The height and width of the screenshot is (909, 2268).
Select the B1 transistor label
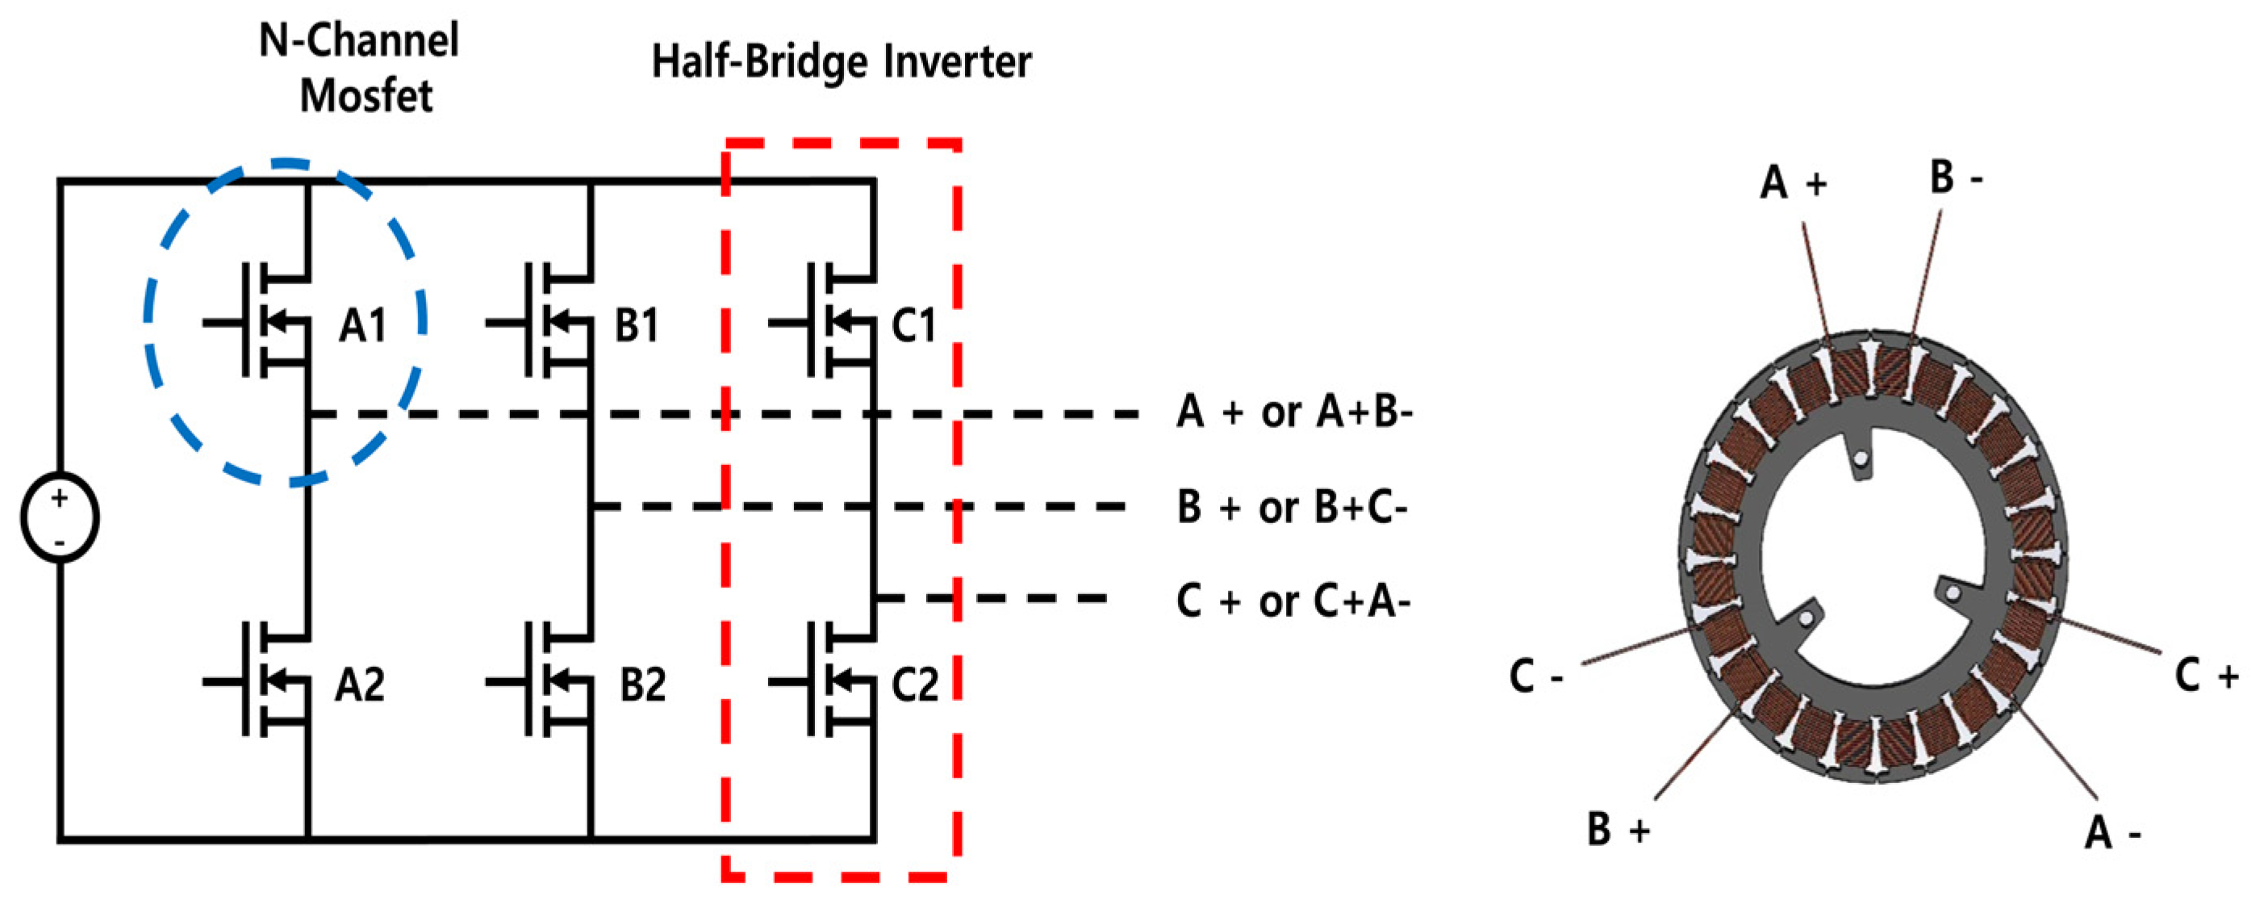tap(637, 326)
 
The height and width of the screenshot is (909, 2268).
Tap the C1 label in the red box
tap(914, 326)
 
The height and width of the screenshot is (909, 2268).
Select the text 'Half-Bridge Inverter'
tap(841, 61)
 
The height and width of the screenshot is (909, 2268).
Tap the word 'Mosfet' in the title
tap(365, 95)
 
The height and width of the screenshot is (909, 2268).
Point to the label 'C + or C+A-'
tap(1293, 602)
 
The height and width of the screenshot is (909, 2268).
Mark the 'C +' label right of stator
tap(2207, 677)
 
